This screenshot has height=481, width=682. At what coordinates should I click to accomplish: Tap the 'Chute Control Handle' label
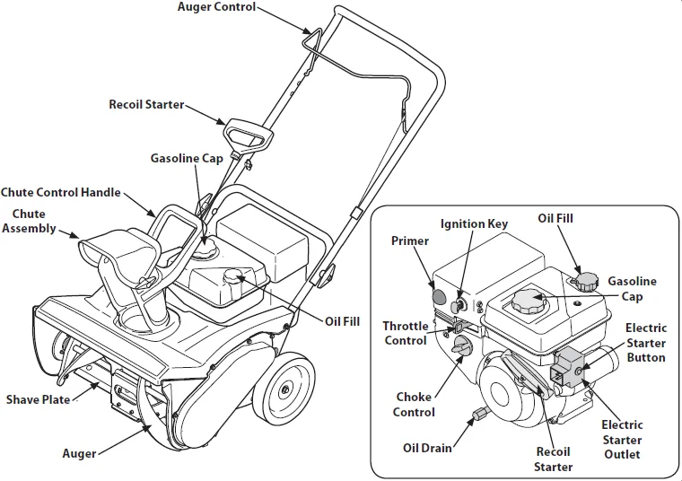[60, 193]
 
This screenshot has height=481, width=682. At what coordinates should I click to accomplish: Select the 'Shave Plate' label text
[38, 399]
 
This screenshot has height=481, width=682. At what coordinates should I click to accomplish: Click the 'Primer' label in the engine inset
[409, 241]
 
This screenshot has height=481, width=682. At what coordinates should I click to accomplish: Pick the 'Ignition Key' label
[474, 224]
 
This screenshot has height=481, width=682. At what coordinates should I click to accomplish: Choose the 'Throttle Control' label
[406, 333]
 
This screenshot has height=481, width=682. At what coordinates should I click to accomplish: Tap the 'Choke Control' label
[415, 405]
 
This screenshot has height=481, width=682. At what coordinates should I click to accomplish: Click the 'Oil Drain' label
[427, 446]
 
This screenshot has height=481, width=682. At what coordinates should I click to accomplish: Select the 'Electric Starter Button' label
[645, 343]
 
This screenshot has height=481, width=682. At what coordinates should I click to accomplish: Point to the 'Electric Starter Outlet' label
[621, 440]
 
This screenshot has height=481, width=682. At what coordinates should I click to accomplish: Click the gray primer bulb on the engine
[439, 295]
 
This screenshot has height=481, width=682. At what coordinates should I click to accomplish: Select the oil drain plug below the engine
[479, 415]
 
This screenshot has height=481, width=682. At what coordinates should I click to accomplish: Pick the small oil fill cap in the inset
[587, 283]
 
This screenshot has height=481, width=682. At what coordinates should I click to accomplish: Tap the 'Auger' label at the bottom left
[79, 453]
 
